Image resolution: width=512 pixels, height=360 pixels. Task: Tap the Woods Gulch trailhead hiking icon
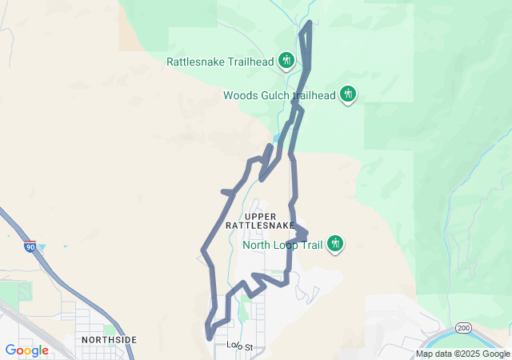point(348,94)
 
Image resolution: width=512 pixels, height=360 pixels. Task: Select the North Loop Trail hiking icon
point(335,243)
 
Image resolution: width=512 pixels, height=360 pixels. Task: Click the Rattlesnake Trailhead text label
point(219,62)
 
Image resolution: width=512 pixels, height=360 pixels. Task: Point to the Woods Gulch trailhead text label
point(278,95)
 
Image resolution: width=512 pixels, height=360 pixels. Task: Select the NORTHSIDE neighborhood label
point(110,340)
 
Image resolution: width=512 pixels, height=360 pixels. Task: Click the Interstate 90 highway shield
point(30,247)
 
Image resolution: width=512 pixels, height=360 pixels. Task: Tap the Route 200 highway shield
point(464,328)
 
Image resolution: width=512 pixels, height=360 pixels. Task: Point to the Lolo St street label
point(239,346)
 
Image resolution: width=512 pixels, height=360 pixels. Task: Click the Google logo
point(26,350)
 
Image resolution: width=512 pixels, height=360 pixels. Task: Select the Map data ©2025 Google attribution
point(462,354)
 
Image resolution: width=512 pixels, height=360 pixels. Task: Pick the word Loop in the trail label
point(287,245)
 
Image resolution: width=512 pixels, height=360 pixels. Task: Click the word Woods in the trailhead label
point(239,95)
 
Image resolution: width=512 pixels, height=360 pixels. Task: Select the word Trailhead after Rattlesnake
point(250,62)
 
